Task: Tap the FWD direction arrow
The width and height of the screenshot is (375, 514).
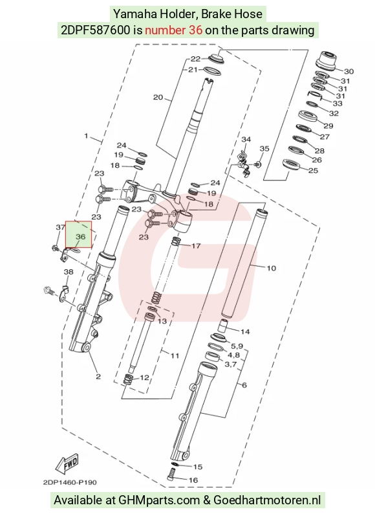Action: (67, 464)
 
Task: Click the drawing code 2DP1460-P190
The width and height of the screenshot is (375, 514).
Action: (70, 482)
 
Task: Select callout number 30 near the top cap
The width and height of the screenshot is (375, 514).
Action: (348, 71)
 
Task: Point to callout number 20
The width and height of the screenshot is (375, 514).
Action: (158, 97)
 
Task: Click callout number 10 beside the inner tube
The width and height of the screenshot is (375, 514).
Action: (271, 268)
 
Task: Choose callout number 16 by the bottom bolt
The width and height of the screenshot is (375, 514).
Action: (193, 480)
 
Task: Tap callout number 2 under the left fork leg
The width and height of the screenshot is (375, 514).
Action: (98, 377)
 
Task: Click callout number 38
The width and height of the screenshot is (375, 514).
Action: (69, 272)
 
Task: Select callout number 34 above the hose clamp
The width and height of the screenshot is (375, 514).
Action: (246, 139)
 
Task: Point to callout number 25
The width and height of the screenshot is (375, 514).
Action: (313, 170)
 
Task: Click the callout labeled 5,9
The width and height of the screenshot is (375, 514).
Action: (237, 346)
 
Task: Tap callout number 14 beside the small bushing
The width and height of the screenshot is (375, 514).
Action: (245, 331)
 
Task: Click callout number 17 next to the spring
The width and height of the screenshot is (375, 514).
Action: (196, 246)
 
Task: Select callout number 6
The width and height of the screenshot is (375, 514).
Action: (244, 385)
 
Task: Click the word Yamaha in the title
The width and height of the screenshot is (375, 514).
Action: (134, 14)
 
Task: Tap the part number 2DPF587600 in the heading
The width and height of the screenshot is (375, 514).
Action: (95, 30)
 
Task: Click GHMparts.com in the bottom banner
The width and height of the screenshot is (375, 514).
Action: (159, 500)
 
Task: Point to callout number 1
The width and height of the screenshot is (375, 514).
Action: (86, 136)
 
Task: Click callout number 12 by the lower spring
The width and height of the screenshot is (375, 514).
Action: (144, 377)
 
